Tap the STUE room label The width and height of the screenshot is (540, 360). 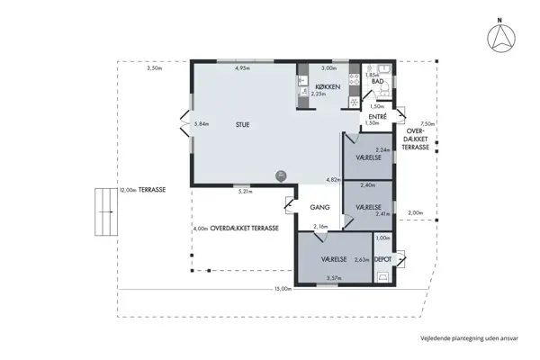coord(243,125)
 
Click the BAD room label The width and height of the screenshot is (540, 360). coord(378,82)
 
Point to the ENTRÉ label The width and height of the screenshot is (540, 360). coord(378,116)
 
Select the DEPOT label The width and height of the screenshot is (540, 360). coord(383,258)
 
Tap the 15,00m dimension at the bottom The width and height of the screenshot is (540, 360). coord(283,289)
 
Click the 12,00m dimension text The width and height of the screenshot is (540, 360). coord(127,191)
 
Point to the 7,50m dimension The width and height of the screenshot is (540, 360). coord(427,124)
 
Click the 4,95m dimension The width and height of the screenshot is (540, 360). coord(242,68)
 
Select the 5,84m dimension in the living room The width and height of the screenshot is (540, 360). coord(202,123)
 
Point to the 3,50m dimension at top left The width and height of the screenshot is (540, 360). coord(154,68)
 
